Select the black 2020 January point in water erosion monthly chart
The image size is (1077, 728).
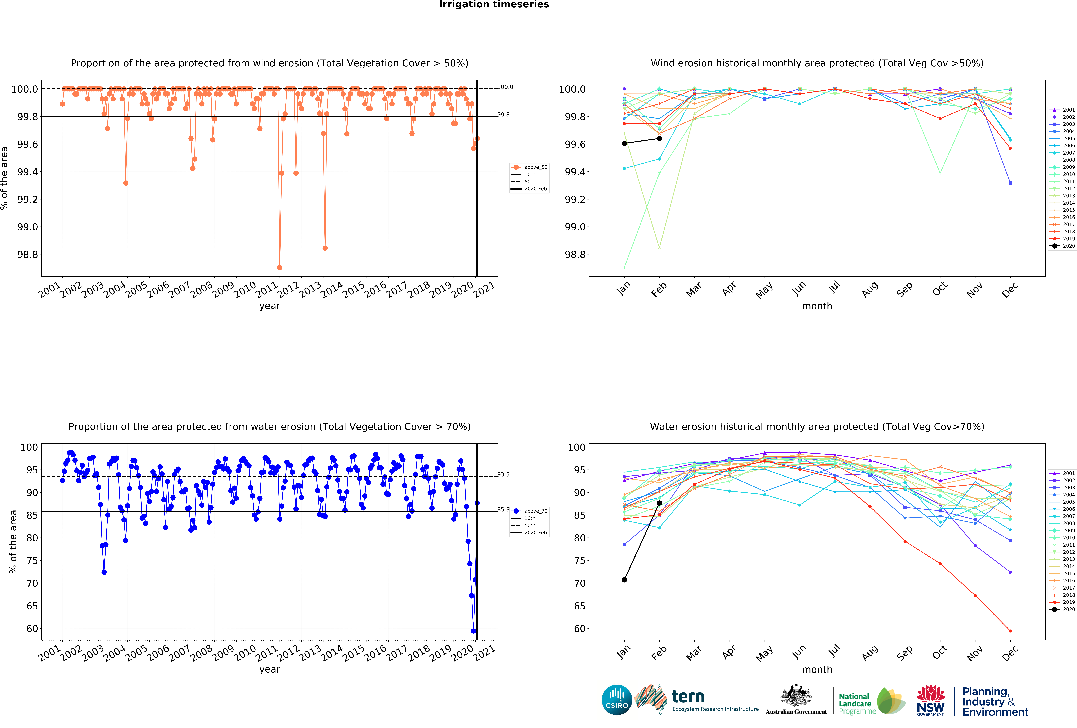pyautogui.click(x=624, y=580)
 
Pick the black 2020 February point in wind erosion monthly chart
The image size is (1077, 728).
pyautogui.click(x=659, y=139)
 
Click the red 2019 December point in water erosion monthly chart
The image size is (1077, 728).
pyautogui.click(x=1010, y=631)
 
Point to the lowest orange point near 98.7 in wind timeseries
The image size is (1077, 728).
pyautogui.click(x=279, y=267)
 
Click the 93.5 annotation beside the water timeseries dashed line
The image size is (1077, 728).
pyautogui.click(x=504, y=474)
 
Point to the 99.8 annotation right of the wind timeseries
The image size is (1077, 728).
pyautogui.click(x=504, y=115)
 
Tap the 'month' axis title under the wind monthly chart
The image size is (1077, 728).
pyautogui.click(x=817, y=306)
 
